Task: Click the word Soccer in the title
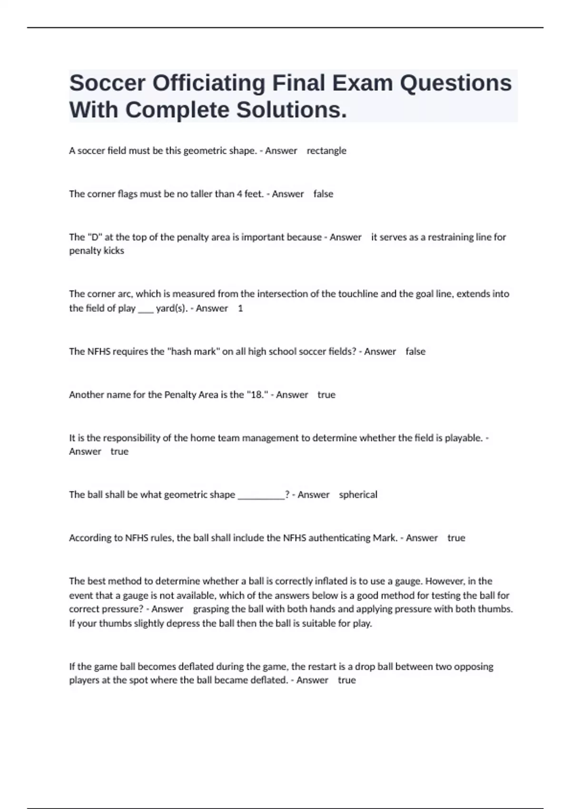107,83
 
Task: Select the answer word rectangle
326,151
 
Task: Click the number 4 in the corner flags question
239,194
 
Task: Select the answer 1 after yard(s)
240,308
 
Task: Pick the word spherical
358,495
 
